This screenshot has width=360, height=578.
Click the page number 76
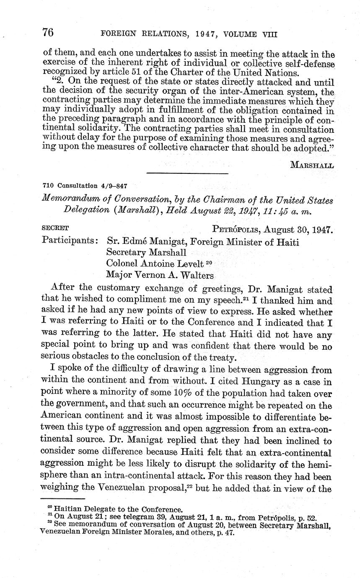[49, 32]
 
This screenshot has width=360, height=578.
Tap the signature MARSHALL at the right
[312, 165]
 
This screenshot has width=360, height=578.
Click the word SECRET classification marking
[56, 228]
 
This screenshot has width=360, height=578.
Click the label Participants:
[71, 242]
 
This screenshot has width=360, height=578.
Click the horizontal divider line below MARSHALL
[187, 173]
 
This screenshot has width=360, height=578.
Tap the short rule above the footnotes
[63, 499]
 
